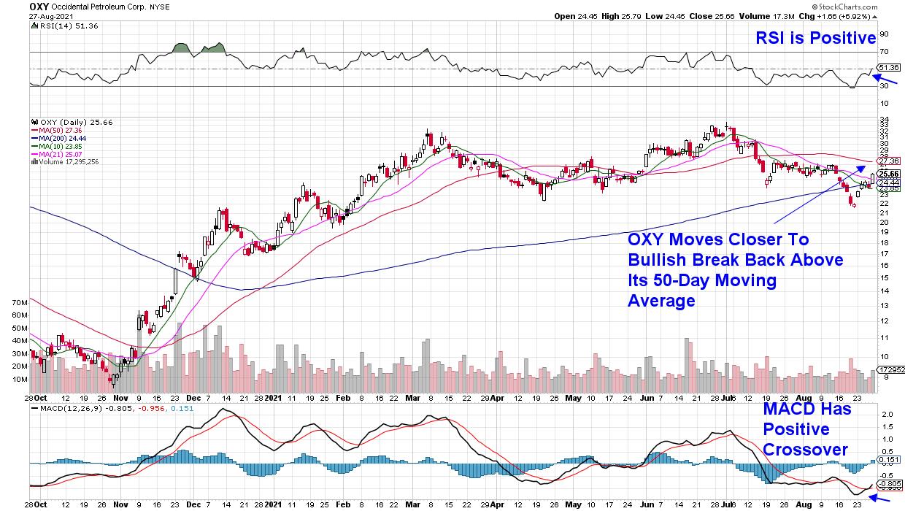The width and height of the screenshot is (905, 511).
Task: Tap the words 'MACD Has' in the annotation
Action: (x=807, y=410)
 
